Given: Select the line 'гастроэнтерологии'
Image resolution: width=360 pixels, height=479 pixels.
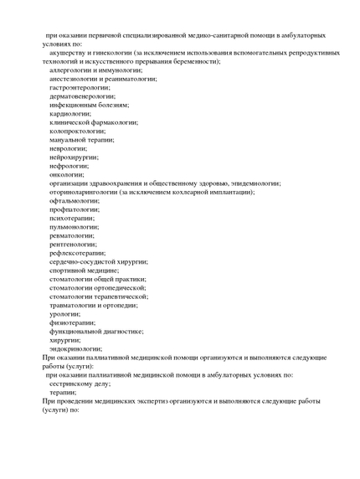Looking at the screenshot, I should point(80,87).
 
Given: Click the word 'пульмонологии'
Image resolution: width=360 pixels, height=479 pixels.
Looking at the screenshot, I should point(74,227).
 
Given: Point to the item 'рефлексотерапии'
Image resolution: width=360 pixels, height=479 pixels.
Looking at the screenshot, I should point(77,253).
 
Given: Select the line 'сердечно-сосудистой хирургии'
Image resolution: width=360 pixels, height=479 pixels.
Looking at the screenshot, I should point(99,261).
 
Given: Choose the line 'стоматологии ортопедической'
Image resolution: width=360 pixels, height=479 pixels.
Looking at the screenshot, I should point(98,287).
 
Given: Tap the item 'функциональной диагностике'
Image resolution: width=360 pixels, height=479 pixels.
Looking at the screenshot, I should point(96,331).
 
